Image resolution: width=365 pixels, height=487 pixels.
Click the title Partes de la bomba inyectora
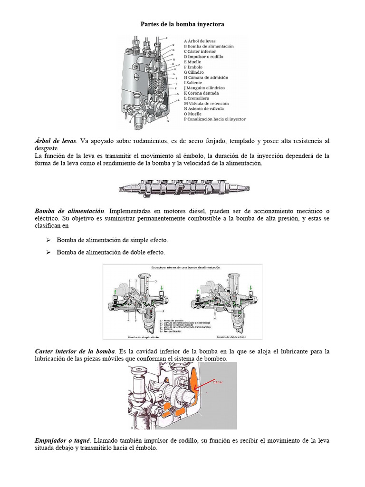182,24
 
